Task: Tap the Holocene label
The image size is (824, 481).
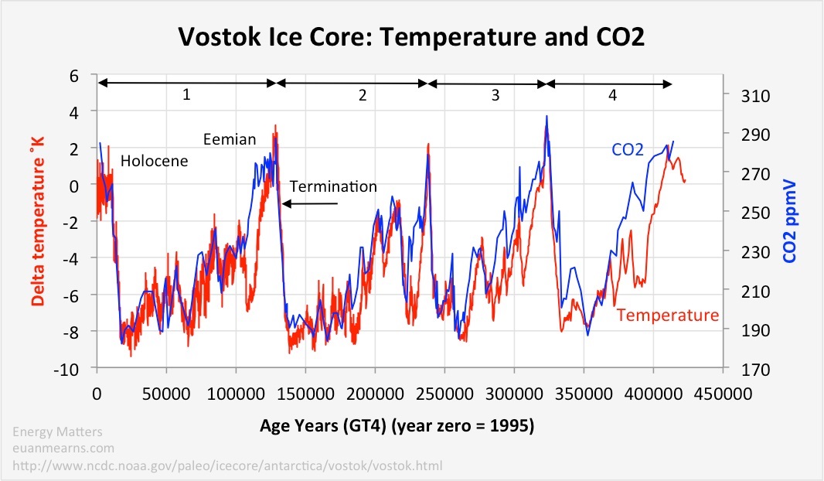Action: tap(155, 162)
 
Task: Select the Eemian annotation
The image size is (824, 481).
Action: tap(229, 139)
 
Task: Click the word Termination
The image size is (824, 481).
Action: tap(333, 186)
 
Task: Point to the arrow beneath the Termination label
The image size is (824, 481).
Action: tap(310, 203)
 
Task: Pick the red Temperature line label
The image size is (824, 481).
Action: tap(668, 315)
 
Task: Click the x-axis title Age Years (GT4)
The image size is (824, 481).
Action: tap(409, 425)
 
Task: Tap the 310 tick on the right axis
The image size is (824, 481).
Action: tap(743, 96)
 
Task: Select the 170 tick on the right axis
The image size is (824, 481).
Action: tap(743, 369)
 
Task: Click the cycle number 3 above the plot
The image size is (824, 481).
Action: tap(495, 96)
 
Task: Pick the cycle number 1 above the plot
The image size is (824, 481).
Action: tap(186, 96)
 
